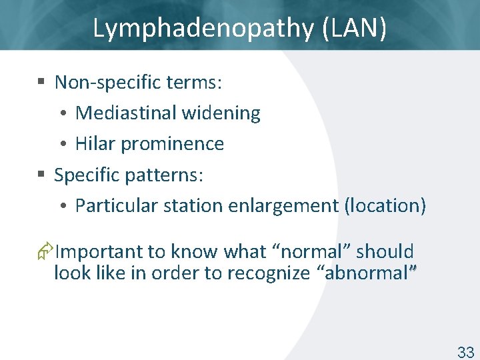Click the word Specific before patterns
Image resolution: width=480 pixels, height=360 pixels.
pos(83,175)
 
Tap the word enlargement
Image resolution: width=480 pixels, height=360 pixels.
pos(283,205)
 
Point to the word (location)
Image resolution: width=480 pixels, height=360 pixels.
pos(385,205)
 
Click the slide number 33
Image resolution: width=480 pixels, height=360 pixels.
pos(465,353)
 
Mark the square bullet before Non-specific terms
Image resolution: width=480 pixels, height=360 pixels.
pos(41,83)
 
